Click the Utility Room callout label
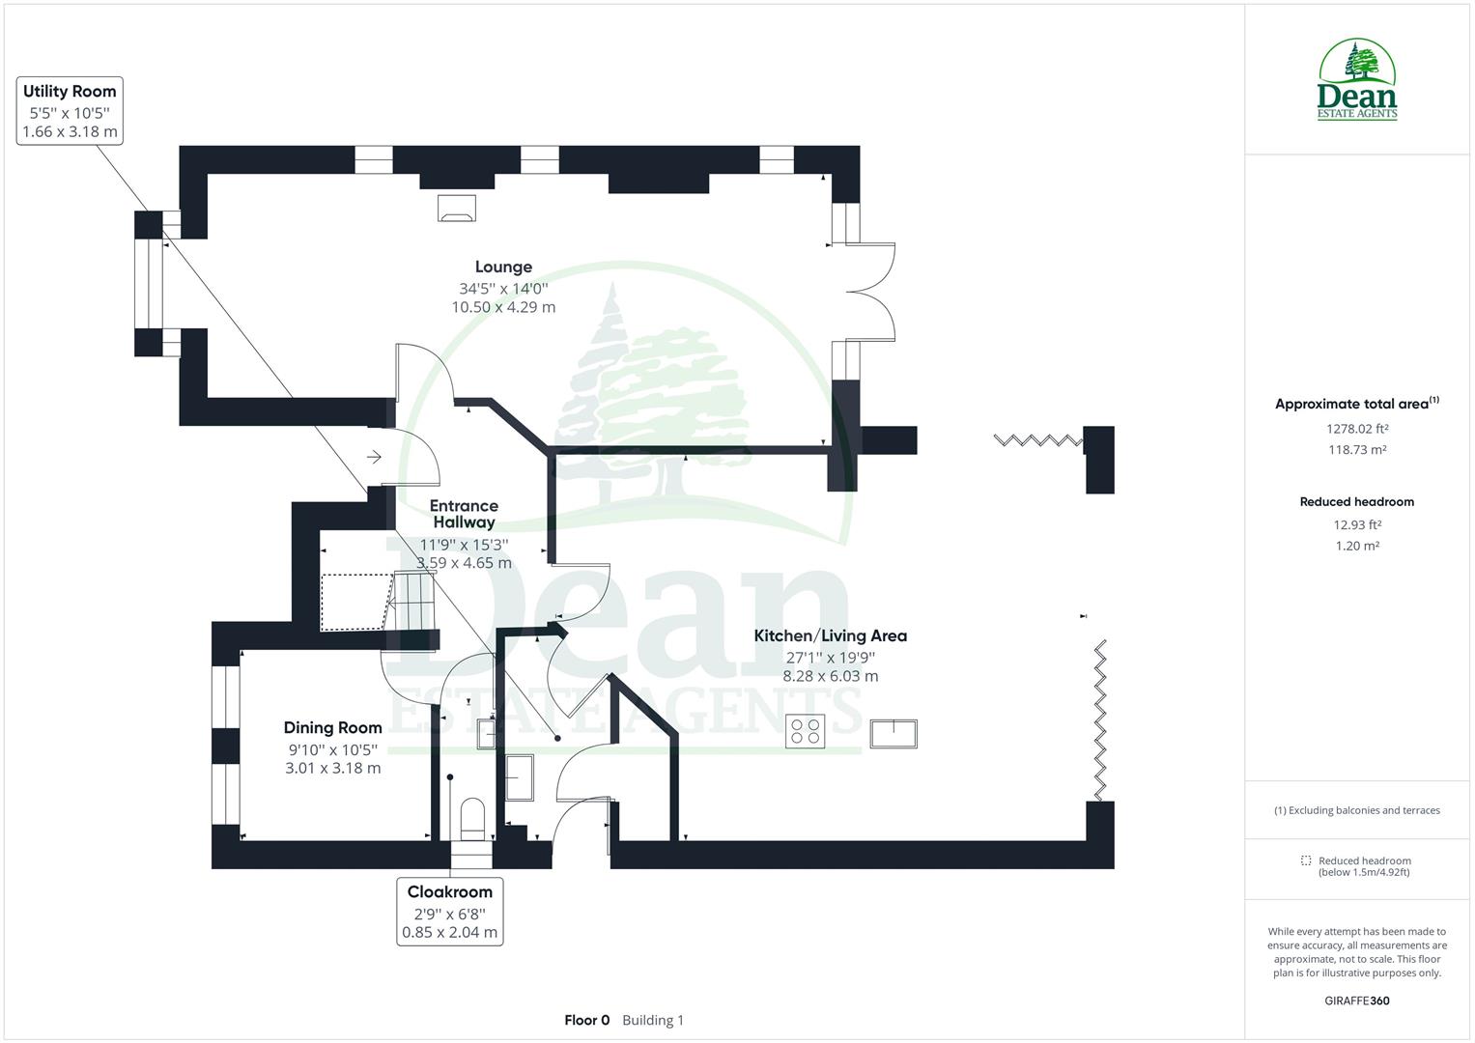(70, 111)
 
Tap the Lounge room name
(503, 267)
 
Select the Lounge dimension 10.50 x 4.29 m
(503, 307)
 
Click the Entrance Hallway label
(464, 514)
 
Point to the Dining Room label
(332, 727)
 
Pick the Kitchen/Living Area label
(830, 635)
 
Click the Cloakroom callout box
(449, 912)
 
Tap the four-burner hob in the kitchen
(805, 732)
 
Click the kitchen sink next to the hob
(894, 734)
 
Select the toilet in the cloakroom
(472, 816)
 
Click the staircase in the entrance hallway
(410, 601)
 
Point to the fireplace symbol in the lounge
(457, 208)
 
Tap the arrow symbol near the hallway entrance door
(374, 456)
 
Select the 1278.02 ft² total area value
(1357, 429)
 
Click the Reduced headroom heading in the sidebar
(1356, 502)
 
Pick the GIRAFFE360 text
(1356, 1001)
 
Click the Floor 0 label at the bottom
(587, 1020)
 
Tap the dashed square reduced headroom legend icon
(1306, 860)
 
